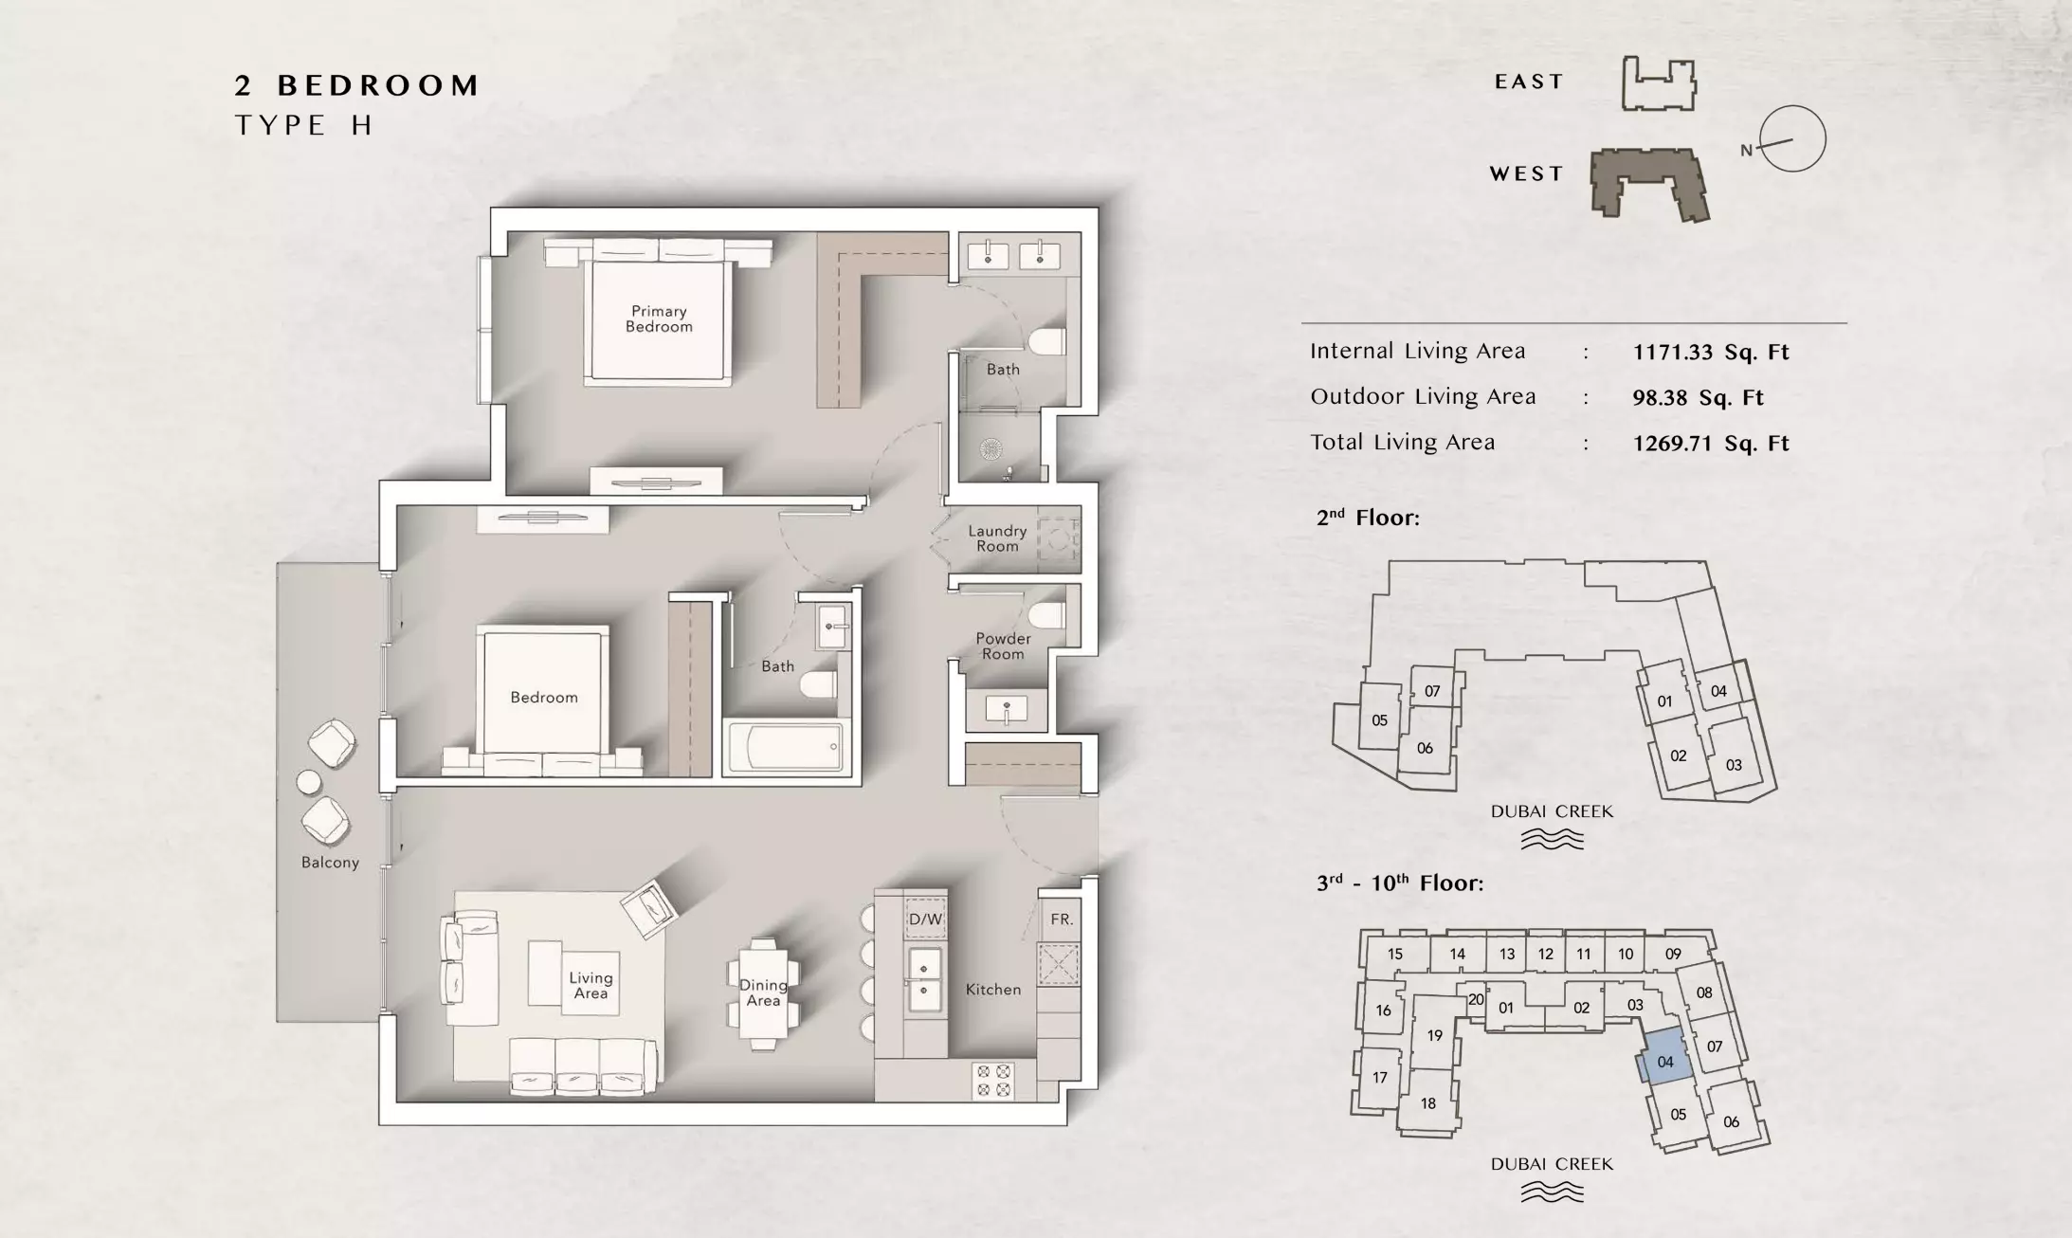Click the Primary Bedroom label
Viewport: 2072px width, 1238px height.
coord(659,319)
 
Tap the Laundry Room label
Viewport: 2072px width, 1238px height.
coord(997,538)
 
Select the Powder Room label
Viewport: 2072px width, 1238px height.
coord(1003,646)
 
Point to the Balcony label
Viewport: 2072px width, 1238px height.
coord(330,863)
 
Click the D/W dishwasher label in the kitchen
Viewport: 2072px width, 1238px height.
coord(925,919)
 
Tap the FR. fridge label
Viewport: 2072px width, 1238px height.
coord(1062,919)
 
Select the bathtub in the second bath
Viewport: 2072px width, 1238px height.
coord(784,748)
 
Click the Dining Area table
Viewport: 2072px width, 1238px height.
coord(763,993)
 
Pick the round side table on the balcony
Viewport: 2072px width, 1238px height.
coord(310,782)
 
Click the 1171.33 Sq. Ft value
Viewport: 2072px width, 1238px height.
coord(1710,353)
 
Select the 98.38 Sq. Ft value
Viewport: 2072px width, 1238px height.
coord(1698,398)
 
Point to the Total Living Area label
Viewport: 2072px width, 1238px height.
coord(1402,443)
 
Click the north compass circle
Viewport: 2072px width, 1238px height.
coord(1792,138)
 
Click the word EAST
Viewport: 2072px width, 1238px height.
coord(1529,82)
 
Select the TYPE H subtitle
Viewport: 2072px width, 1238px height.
coord(303,125)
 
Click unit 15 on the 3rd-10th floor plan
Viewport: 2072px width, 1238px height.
coord(1394,955)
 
